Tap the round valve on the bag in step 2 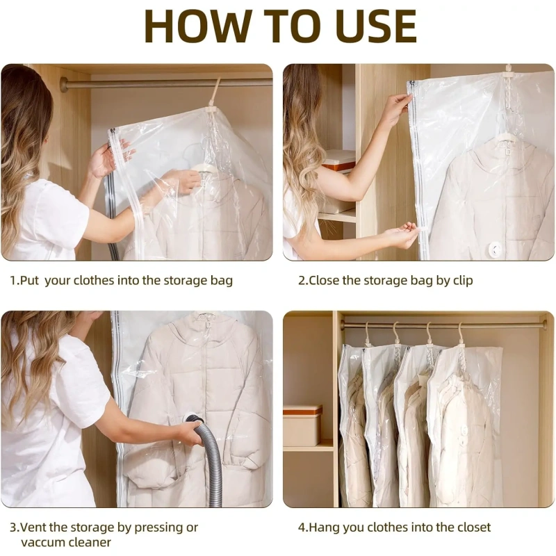pyautogui.click(x=493, y=249)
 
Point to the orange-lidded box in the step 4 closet pyautogui.click(x=302, y=425)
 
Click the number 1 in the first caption pyautogui.click(x=13, y=281)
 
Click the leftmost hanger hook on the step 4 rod pyautogui.click(x=368, y=332)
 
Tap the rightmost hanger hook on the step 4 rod pyautogui.click(x=461, y=332)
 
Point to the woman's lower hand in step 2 pyautogui.click(x=404, y=234)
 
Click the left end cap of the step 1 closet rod pyautogui.click(x=64, y=84)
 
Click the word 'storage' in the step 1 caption pyautogui.click(x=185, y=281)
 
